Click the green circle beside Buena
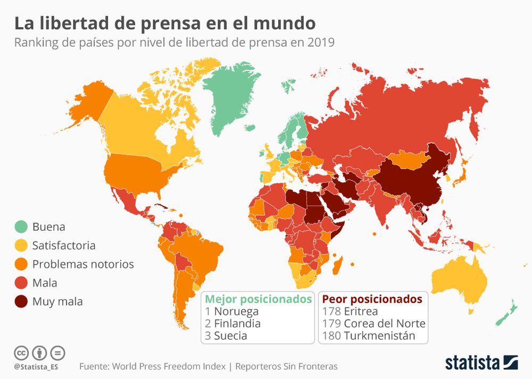[21, 227]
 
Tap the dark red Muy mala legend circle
[21, 302]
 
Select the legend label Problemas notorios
[83, 264]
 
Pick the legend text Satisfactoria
[64, 246]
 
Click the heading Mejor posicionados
[259, 299]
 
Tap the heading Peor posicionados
[372, 299]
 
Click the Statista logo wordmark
[473, 363]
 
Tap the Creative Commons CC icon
[21, 352]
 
